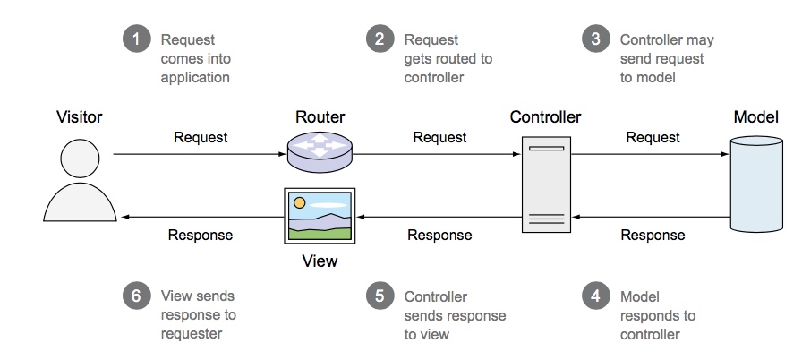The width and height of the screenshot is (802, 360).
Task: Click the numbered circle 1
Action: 137,40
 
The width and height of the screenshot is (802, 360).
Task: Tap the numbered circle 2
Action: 380,40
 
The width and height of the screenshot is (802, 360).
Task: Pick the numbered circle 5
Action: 380,297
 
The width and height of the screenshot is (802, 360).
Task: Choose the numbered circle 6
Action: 137,297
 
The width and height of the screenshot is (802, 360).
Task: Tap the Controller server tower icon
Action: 546,182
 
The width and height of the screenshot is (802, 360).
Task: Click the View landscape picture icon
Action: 320,215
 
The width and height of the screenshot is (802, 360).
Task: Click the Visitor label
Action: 80,117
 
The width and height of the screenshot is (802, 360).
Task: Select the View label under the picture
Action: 320,261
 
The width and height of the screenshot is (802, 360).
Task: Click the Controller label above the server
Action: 545,117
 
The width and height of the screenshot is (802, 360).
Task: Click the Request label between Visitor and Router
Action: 200,137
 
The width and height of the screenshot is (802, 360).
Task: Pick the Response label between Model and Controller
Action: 653,236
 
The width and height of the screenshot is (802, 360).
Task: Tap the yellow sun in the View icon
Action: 300,202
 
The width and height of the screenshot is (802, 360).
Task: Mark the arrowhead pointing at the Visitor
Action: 127,217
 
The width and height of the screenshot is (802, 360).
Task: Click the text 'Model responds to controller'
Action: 658,315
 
